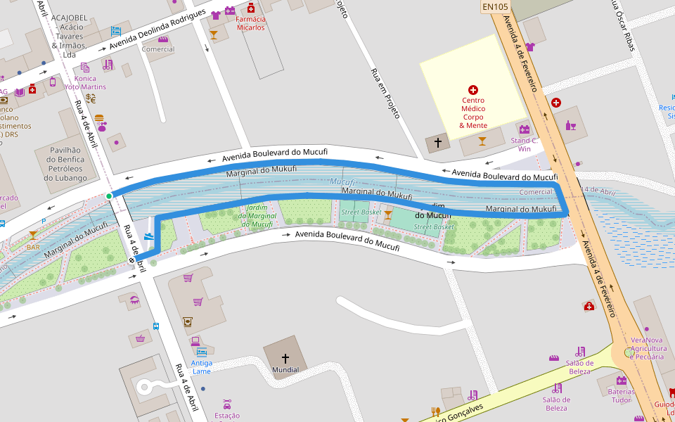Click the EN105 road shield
495,7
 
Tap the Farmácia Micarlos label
250,23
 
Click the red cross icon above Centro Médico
473,90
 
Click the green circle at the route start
108,196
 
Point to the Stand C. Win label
524,144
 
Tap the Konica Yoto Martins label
85,82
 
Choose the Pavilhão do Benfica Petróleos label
66,163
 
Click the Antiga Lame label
202,366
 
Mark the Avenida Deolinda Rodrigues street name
156,32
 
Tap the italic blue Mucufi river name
342,181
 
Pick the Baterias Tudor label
621,395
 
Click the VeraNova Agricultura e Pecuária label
648,348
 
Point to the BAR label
33,247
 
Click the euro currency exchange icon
91,98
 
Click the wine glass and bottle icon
571,127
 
